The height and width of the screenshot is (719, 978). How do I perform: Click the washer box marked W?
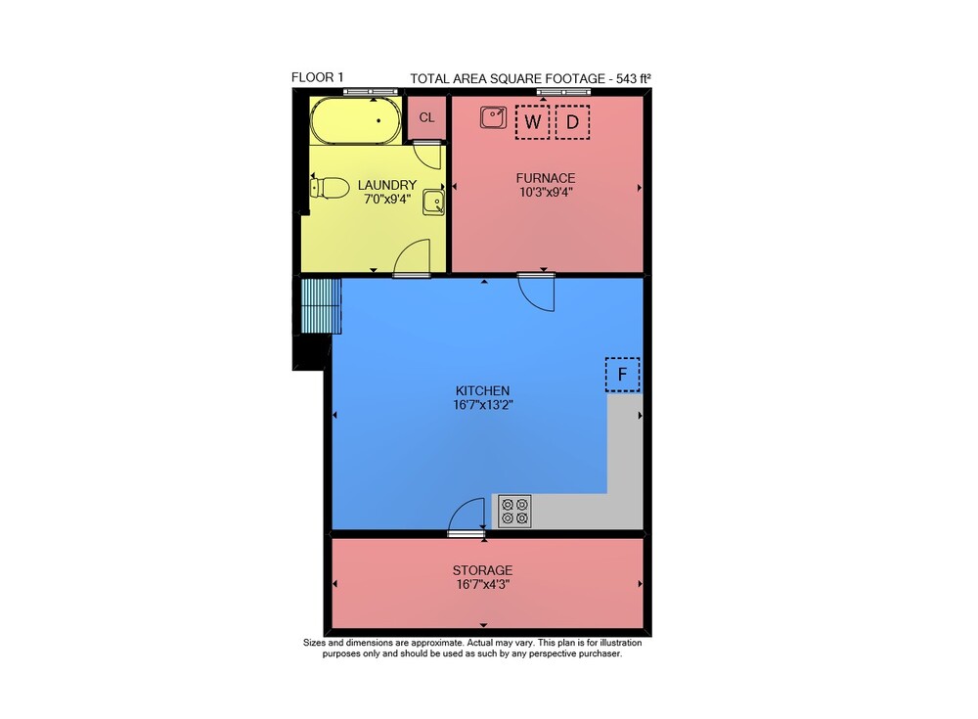coord(532,121)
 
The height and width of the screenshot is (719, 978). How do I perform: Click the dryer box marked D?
coord(572,121)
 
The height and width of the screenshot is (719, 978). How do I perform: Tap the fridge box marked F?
coord(622,375)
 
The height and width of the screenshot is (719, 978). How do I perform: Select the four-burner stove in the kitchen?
coord(514,512)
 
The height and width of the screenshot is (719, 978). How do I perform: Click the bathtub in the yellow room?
coord(356,120)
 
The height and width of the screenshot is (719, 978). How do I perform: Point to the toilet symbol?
coord(330,187)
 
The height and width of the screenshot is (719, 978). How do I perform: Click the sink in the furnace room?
coord(493,117)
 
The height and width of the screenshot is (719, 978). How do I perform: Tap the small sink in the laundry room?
coord(433,202)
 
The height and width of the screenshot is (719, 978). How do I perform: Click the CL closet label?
coord(426,117)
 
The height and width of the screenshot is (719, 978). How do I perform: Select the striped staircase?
coord(321,306)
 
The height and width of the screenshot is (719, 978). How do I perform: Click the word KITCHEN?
coord(483,390)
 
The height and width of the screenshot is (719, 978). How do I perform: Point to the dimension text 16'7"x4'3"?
coord(483,585)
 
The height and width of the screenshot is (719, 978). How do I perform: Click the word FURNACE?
coord(546,178)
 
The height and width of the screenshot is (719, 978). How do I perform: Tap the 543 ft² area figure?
coord(634,78)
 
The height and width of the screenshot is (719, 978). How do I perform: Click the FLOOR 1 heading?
coord(318,77)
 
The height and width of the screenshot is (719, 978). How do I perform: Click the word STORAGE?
coord(483,570)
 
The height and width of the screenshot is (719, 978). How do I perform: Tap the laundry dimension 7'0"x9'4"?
coord(387,200)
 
